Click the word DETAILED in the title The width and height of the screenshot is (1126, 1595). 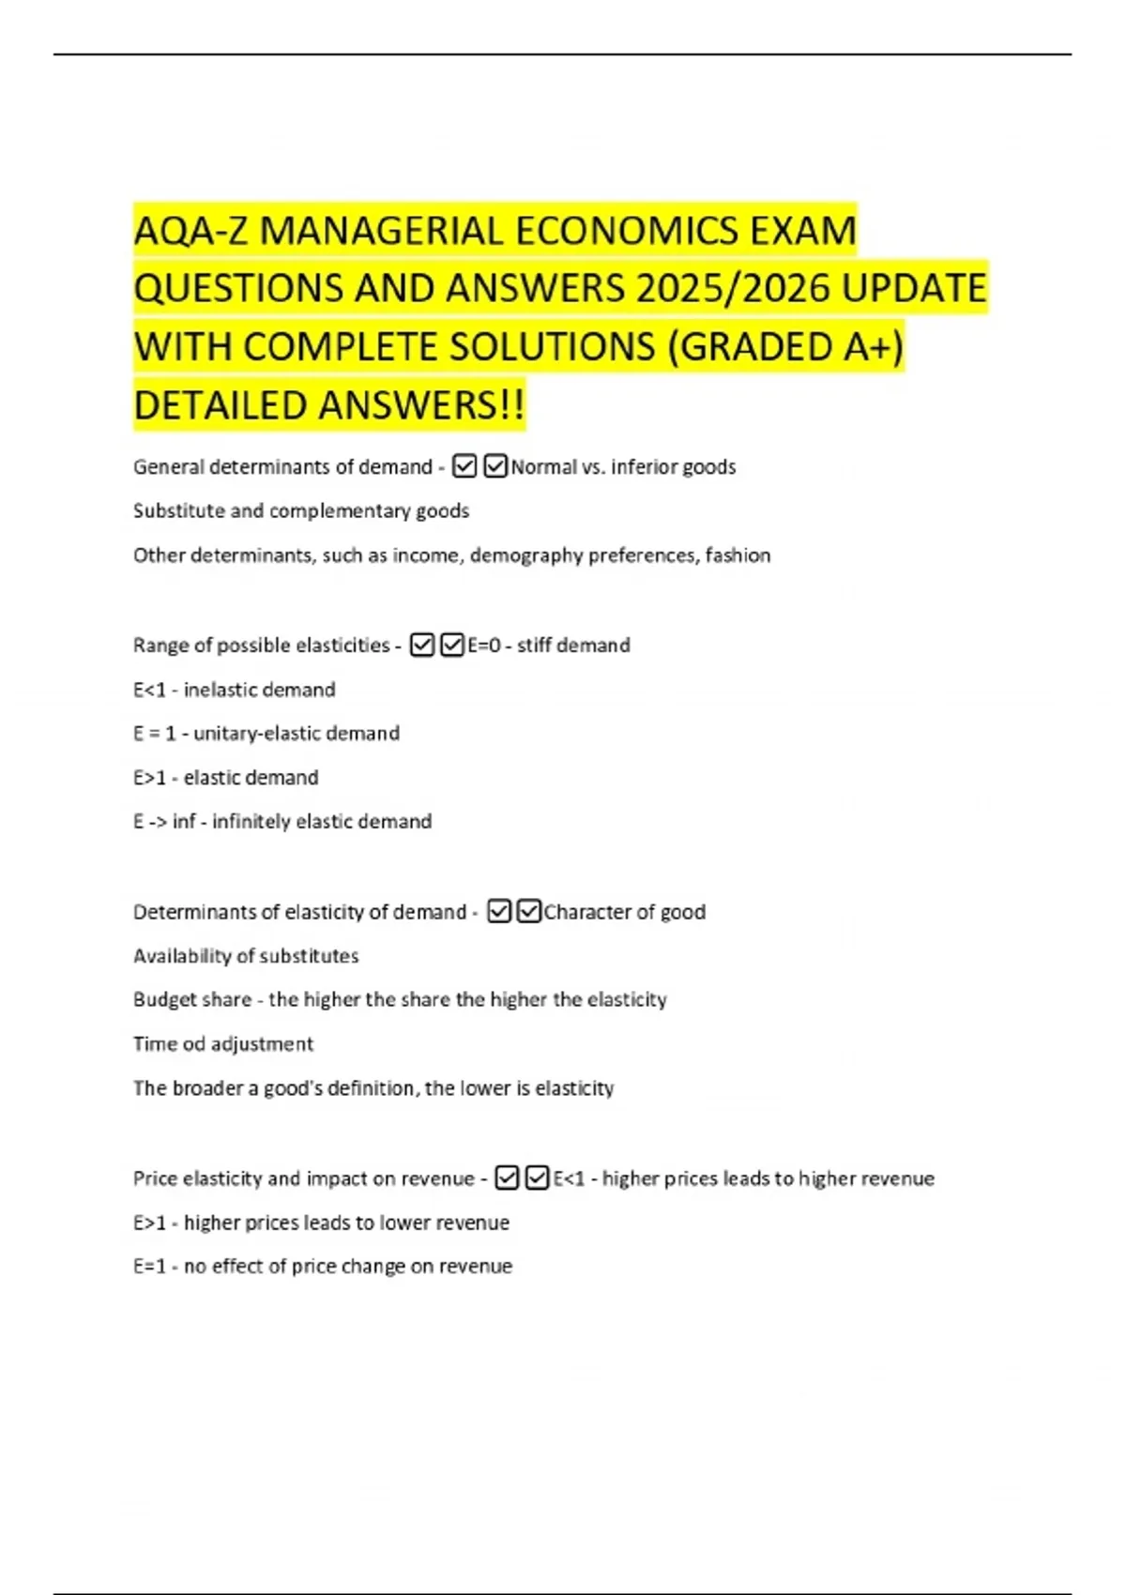220,405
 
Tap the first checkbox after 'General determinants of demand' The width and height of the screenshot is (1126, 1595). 464,466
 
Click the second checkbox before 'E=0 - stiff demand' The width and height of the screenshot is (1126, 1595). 452,646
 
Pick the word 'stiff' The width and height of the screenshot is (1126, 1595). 537,646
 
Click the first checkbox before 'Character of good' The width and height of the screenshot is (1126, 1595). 499,912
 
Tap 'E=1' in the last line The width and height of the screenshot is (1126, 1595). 149,1266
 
